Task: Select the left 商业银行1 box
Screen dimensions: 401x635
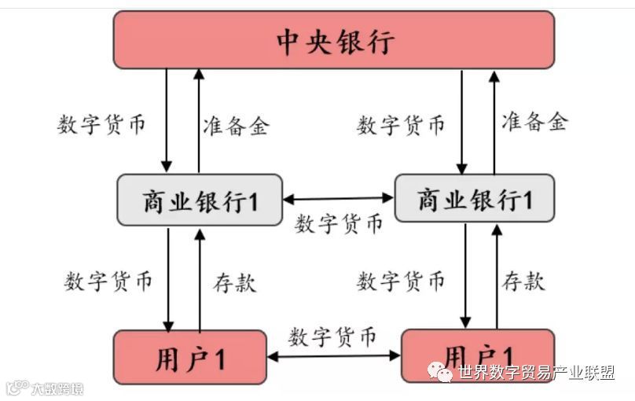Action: (199, 200)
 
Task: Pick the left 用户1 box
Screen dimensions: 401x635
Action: (190, 358)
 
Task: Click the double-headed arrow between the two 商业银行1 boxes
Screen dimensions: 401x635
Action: (338, 199)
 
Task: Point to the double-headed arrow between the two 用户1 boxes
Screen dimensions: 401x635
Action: (334, 356)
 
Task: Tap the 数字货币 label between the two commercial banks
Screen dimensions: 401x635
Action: (339, 223)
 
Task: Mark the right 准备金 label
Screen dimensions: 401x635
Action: (534, 121)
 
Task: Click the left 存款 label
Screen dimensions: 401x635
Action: (234, 282)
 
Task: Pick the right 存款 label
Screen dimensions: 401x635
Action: (523, 281)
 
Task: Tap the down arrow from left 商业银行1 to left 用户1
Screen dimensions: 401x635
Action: (167, 279)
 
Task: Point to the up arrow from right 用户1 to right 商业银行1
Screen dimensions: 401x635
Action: (497, 275)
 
